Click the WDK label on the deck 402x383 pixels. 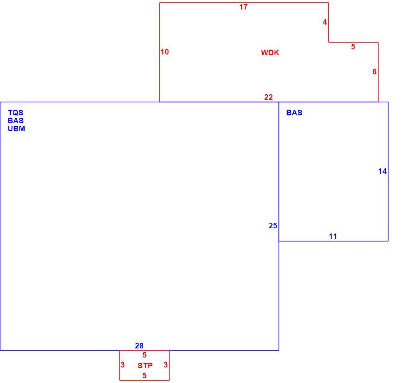tap(270, 52)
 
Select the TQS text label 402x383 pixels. tap(16, 113)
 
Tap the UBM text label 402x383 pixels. tap(16, 128)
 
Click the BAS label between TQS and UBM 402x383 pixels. tap(16, 121)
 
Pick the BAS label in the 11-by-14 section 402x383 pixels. tap(294, 113)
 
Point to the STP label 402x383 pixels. tap(145, 366)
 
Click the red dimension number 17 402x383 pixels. tap(244, 7)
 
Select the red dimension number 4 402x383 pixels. tap(325, 22)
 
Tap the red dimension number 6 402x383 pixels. tap(375, 72)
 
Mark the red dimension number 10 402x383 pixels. tap(165, 52)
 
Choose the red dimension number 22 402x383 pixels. tap(268, 97)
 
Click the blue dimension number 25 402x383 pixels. tap(273, 226)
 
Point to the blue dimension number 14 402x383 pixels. tap(382, 171)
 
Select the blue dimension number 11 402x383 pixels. tap(333, 237)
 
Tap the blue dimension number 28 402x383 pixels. tap(139, 346)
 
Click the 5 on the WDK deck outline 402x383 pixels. tap(353, 47)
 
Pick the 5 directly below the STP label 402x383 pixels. tap(144, 375)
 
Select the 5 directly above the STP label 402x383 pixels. tap(144, 355)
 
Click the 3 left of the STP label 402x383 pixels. tap(123, 365)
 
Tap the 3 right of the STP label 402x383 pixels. tap(166, 365)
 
